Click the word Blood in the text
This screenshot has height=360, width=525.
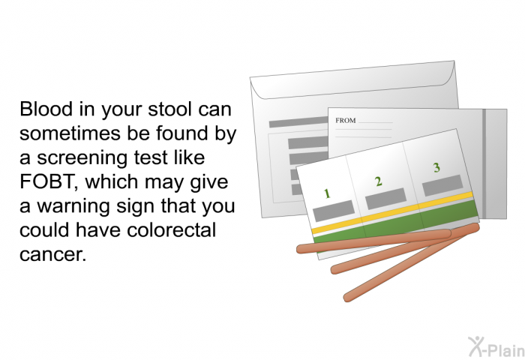[x=46, y=109]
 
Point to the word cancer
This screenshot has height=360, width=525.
[x=52, y=254]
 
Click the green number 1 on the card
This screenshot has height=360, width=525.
[x=327, y=193]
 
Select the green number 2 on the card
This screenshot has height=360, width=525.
[x=378, y=181]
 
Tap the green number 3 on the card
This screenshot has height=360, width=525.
[x=436, y=167]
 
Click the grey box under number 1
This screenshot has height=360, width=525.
[x=334, y=211]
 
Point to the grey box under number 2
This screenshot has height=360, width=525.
[x=385, y=199]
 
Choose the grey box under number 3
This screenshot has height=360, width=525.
[x=442, y=185]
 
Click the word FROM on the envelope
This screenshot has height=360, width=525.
[x=346, y=121]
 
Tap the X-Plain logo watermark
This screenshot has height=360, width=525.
[x=496, y=346]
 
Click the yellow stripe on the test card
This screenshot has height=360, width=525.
[x=392, y=212]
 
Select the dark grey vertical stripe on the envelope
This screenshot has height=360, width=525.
[x=484, y=164]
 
